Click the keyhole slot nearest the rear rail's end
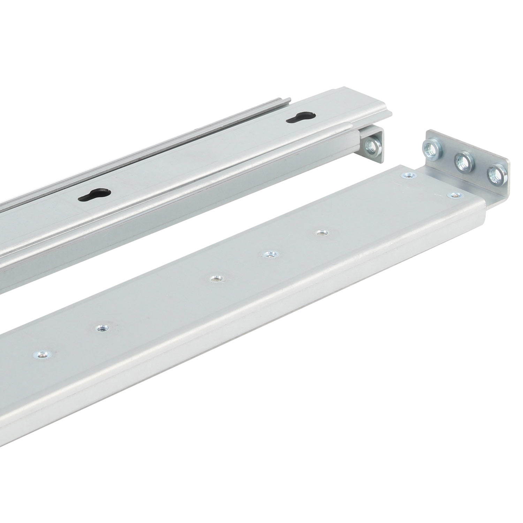[x=301, y=118]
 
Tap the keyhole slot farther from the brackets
[x=94, y=194]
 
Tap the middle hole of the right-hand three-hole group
[x=268, y=255]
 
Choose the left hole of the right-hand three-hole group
[x=216, y=279]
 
